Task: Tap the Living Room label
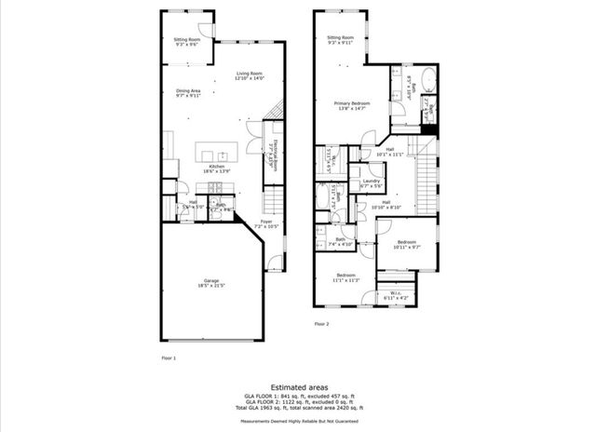pyautogui.click(x=249, y=75)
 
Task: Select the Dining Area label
pyautogui.click(x=189, y=92)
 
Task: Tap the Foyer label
pyautogui.click(x=266, y=223)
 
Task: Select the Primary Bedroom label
pyautogui.click(x=354, y=105)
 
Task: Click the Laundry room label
pyautogui.click(x=372, y=183)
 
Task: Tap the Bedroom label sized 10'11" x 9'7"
pyautogui.click(x=407, y=245)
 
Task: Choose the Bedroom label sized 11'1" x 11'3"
pyautogui.click(x=346, y=277)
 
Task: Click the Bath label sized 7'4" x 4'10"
pyautogui.click(x=343, y=241)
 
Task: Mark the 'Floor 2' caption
pyautogui.click(x=321, y=323)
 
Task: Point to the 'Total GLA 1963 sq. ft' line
pyautogui.click(x=298, y=407)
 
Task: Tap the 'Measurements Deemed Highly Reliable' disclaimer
pyautogui.click(x=298, y=422)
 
